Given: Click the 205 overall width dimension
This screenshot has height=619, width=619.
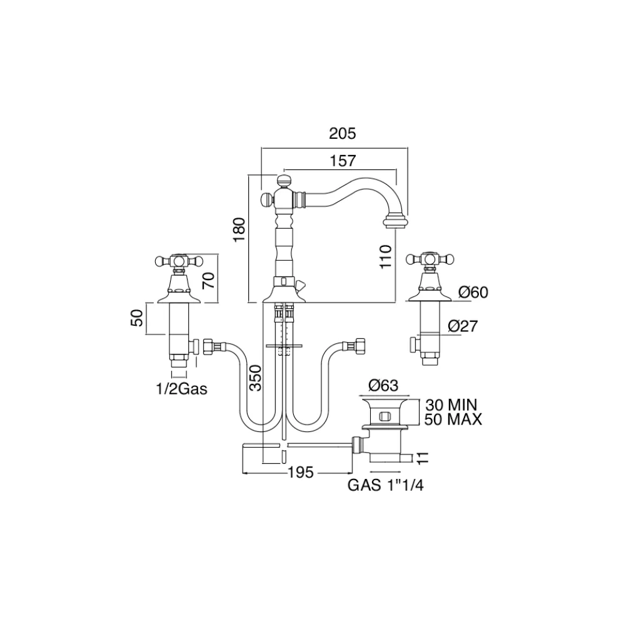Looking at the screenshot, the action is (342, 133).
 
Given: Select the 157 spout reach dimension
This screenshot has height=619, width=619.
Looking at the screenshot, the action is (342, 161).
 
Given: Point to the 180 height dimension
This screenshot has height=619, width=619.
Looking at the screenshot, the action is (239, 229).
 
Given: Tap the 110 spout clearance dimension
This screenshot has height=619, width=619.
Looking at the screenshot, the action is (385, 256).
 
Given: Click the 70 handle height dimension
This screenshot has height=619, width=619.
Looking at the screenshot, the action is (209, 279).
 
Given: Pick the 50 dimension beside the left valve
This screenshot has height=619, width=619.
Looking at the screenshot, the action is (136, 318).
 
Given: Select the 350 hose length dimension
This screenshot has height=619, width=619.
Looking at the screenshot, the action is (256, 378).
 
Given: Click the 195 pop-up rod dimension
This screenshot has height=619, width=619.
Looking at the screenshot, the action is (300, 472).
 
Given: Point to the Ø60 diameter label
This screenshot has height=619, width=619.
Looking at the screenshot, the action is (473, 292).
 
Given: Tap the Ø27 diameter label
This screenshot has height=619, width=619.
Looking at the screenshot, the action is (463, 326).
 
